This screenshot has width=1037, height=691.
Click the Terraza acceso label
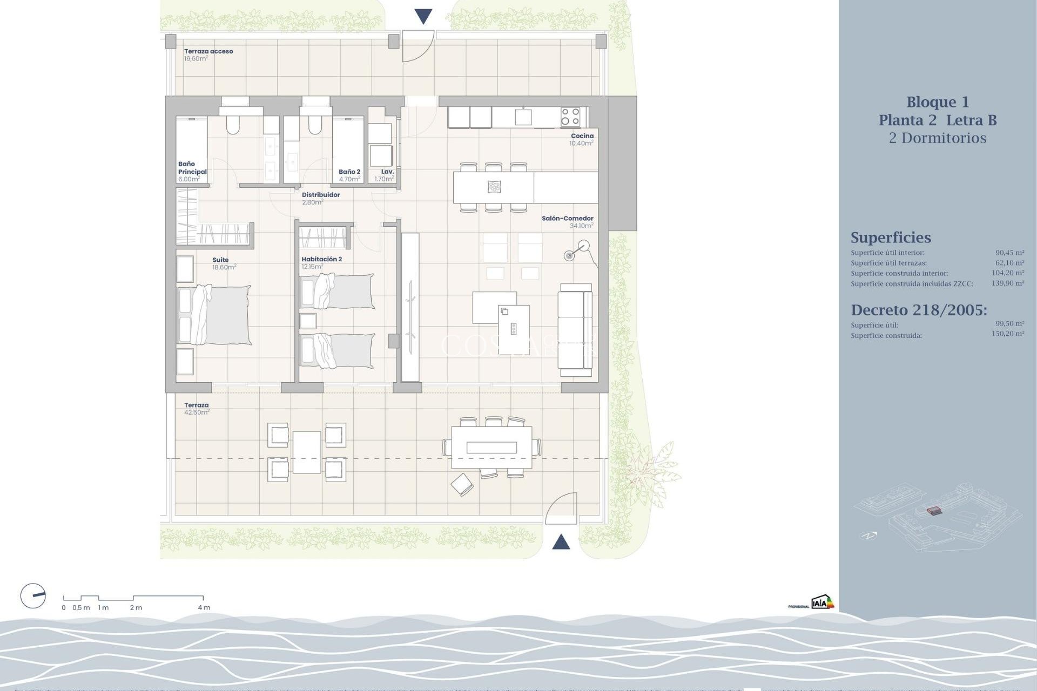pos(208,52)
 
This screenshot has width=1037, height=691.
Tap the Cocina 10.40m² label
pos(582,140)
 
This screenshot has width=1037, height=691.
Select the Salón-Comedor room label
pos(568,219)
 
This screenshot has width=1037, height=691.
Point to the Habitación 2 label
pos(321,260)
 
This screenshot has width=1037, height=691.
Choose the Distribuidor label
pos(321,195)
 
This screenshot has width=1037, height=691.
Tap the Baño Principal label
pos(192,168)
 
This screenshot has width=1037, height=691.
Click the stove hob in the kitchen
pos(570,117)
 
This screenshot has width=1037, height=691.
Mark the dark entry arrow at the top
pos(423,17)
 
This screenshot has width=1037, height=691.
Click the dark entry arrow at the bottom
pos(561,541)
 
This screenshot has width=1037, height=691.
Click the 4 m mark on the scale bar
pos(203,607)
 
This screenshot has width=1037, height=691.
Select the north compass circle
pos(33,596)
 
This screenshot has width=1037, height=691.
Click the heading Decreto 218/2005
pos(919,310)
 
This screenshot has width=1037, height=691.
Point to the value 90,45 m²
pos(1009,253)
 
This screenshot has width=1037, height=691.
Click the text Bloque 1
pos(937,102)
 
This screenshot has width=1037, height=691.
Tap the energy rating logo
pos(822,602)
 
